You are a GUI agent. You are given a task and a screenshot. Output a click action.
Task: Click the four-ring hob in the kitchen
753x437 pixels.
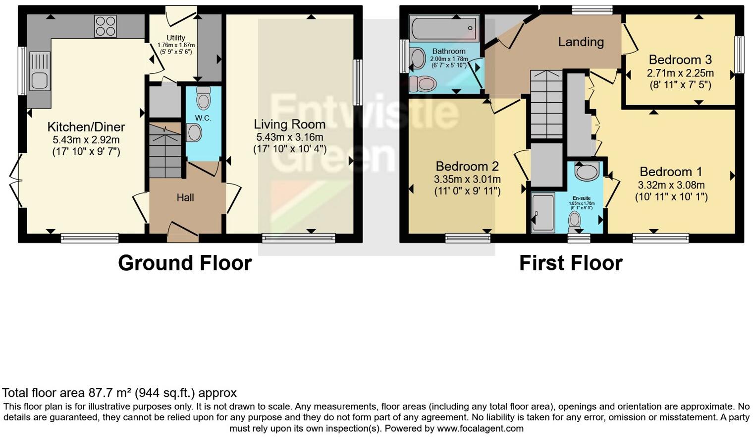pyautogui.click(x=106, y=26)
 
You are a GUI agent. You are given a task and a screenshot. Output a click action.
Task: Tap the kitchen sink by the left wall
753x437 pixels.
pyautogui.click(x=40, y=72)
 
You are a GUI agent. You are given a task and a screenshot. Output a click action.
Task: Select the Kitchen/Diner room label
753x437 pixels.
pyautogui.click(x=86, y=127)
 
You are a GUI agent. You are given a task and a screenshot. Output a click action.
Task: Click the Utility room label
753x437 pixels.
pyautogui.click(x=176, y=38)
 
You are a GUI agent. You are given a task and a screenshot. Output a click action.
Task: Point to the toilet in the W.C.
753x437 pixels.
pyautogui.click(x=203, y=98)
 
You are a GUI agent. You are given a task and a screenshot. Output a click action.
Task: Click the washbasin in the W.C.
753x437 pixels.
pyautogui.click(x=194, y=132)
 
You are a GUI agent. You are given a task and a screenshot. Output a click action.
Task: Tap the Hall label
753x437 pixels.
pyautogui.click(x=185, y=197)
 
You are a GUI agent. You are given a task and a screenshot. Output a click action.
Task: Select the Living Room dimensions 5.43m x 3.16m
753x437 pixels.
pyautogui.click(x=290, y=137)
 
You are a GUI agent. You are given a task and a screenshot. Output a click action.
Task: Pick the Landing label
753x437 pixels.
pyautogui.click(x=581, y=42)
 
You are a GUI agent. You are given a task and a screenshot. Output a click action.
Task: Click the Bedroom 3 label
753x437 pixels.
pyautogui.click(x=680, y=60)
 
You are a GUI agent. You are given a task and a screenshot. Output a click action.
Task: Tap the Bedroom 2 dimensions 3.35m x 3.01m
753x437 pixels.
pyautogui.click(x=467, y=179)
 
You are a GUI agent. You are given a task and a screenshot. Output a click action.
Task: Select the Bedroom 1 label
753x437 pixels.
pyautogui.click(x=671, y=172)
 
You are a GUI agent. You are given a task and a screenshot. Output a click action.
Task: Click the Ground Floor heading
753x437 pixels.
pyautogui.click(x=185, y=263)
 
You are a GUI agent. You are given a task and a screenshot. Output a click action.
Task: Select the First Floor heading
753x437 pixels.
pyautogui.click(x=571, y=263)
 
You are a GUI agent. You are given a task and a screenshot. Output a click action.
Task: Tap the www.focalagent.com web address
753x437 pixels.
pyautogui.click(x=480, y=428)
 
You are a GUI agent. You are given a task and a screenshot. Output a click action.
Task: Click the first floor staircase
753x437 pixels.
pyautogui.click(x=546, y=105)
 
